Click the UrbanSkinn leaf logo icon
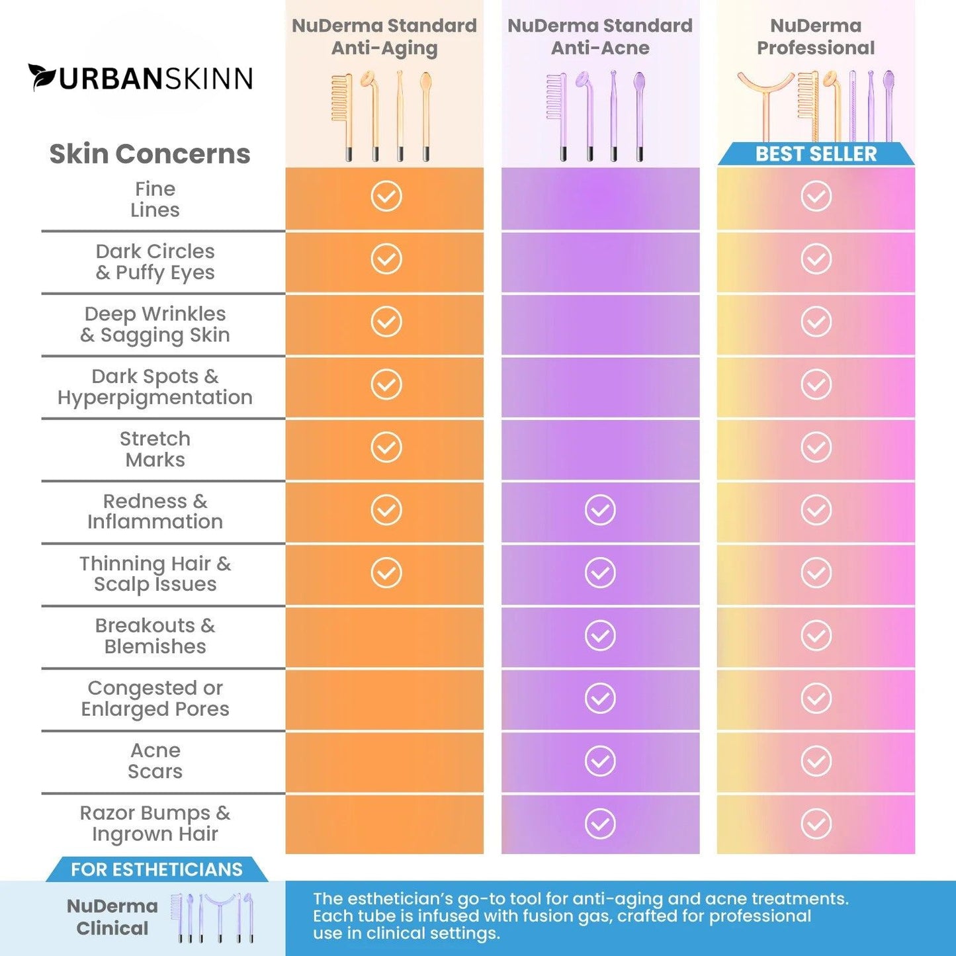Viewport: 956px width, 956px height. click(42, 77)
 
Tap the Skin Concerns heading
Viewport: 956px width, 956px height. click(150, 153)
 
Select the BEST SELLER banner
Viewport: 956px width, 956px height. click(816, 154)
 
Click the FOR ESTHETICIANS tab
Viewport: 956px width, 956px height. click(157, 869)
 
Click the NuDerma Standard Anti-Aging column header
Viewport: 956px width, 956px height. click(384, 37)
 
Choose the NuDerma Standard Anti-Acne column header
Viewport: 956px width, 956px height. click(600, 37)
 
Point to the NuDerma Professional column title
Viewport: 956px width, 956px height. click(816, 37)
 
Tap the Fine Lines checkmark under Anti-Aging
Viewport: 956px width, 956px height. click(386, 196)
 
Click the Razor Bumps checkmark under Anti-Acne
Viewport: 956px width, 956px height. click(600, 824)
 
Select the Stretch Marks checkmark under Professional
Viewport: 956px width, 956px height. click(816, 447)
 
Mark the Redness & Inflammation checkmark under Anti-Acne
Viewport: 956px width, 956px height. click(600, 510)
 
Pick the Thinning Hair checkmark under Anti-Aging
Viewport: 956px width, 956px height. click(386, 573)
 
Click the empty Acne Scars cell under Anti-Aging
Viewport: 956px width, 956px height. click(384, 761)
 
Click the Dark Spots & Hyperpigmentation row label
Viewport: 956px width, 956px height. click(155, 387)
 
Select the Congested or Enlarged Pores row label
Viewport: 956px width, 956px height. click(155, 699)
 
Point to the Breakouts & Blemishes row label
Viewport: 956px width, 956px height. click(155, 636)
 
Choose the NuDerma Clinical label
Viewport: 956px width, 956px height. click(112, 917)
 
